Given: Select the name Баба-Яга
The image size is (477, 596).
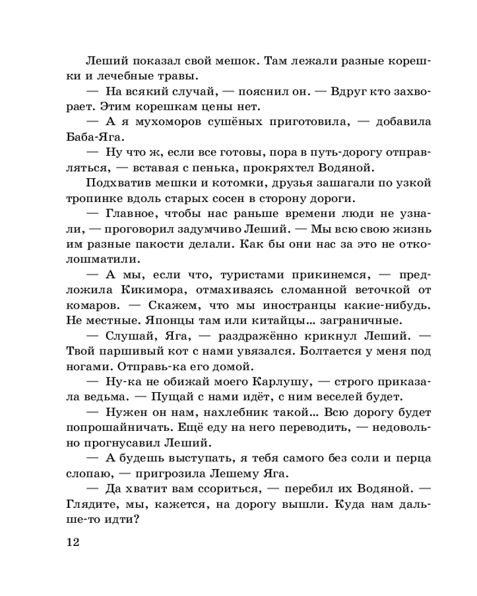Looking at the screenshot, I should (88, 137).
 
